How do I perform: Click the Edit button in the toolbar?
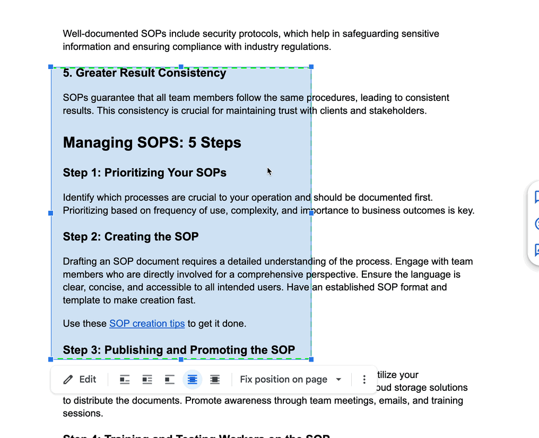click(80, 380)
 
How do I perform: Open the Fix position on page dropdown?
click(290, 380)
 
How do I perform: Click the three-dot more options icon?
click(364, 380)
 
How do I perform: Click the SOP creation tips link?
click(147, 323)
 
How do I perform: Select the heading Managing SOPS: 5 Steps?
click(152, 142)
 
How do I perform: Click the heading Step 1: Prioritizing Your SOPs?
click(144, 173)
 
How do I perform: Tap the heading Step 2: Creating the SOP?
click(131, 236)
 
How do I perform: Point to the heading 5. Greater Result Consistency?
click(144, 73)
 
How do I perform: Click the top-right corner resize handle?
click(311, 67)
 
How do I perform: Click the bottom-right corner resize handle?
click(311, 359)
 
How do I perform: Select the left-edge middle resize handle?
click(51, 213)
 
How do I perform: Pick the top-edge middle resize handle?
click(181, 67)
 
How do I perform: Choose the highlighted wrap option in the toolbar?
click(192, 380)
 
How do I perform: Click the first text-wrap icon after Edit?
click(125, 380)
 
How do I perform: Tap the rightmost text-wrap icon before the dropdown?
click(215, 380)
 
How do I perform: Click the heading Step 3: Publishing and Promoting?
click(179, 350)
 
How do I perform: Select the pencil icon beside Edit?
click(68, 380)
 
